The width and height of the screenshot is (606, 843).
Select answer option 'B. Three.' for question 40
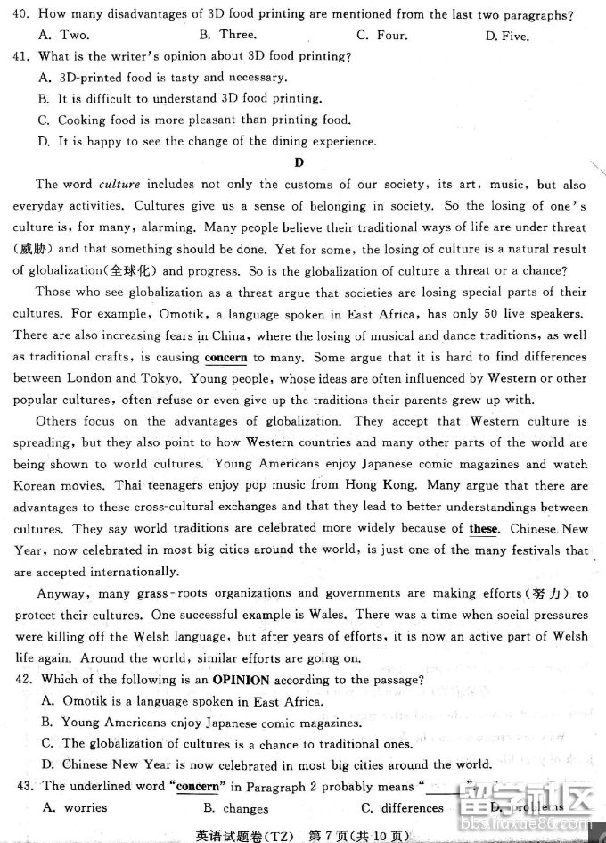[x=227, y=35]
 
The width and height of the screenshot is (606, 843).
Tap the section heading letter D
[x=299, y=162]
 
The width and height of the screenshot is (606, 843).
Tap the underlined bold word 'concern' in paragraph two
[x=225, y=357]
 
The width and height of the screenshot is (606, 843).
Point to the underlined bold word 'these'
[x=484, y=528]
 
